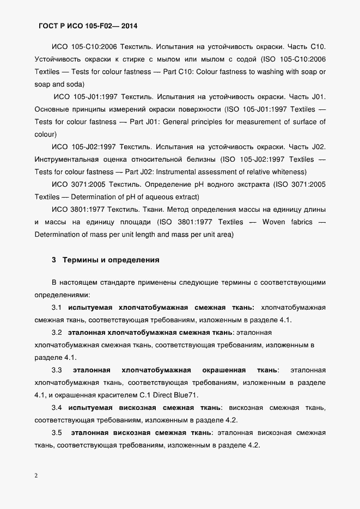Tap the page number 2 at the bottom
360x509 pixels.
36,475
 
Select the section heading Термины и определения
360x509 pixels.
111,260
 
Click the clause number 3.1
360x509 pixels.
57,308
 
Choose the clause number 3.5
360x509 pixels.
57,433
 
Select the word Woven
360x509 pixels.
274,222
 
